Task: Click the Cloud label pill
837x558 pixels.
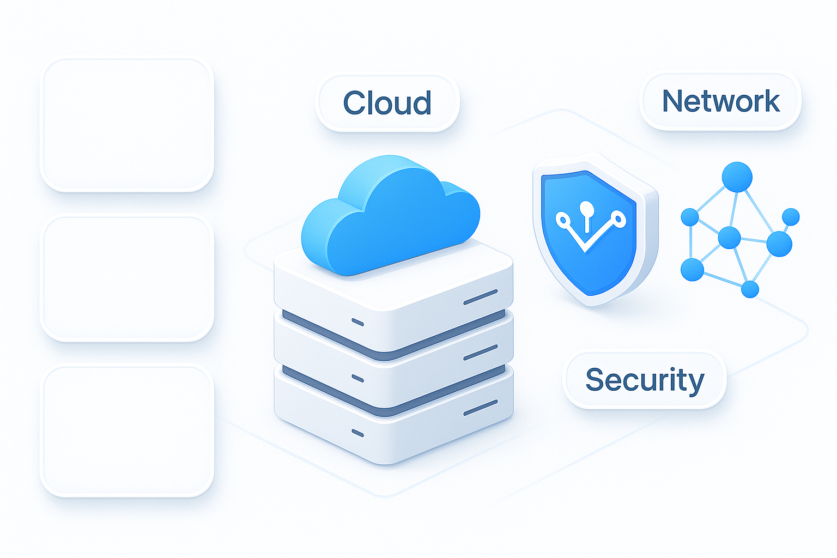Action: pyautogui.click(x=387, y=103)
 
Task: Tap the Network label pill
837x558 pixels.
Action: pyautogui.click(x=720, y=101)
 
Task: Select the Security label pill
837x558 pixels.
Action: pyautogui.click(x=645, y=380)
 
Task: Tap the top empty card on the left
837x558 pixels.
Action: pyautogui.click(x=127, y=125)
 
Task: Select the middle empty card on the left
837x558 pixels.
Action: pyautogui.click(x=127, y=278)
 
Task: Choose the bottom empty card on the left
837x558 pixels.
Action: pyautogui.click(x=127, y=430)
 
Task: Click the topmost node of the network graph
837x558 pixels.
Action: pyautogui.click(x=737, y=177)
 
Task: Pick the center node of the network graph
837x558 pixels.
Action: pyautogui.click(x=729, y=238)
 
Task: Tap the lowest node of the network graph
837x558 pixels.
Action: pyautogui.click(x=750, y=289)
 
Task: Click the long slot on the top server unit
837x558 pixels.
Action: pyautogui.click(x=481, y=297)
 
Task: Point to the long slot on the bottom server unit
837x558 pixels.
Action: pyautogui.click(x=481, y=408)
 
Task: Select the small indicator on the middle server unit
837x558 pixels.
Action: pyautogui.click(x=357, y=378)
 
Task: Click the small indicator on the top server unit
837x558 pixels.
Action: pyautogui.click(x=357, y=322)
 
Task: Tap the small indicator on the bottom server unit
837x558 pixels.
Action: pyautogui.click(x=357, y=433)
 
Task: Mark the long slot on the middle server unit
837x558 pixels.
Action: pyautogui.click(x=481, y=353)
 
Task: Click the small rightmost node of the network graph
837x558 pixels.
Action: pyautogui.click(x=791, y=217)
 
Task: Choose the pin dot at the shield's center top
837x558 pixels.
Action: pyautogui.click(x=586, y=208)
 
